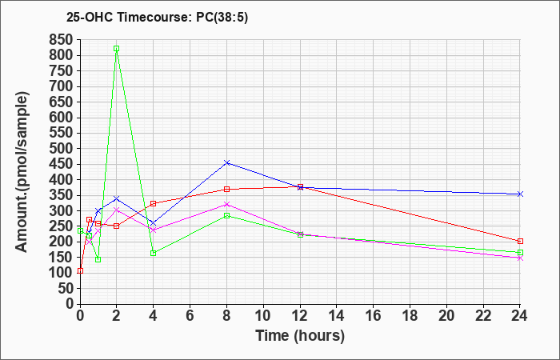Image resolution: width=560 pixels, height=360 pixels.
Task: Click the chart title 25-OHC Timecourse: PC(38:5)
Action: tap(157, 17)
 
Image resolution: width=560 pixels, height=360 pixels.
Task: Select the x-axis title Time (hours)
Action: tap(300, 336)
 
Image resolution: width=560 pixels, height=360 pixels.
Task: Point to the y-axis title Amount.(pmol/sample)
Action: tap(22, 172)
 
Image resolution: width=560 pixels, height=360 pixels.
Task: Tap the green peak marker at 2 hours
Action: tap(117, 49)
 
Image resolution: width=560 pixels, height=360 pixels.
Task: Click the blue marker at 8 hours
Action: tap(226, 163)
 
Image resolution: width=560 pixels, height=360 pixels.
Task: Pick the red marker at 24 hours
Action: tap(520, 241)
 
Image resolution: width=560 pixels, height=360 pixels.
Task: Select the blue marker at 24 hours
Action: tap(520, 194)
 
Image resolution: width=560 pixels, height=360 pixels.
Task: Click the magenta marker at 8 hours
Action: tap(226, 205)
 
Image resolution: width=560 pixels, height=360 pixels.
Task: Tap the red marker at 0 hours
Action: tap(80, 270)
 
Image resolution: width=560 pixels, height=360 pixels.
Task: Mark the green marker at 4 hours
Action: tap(154, 254)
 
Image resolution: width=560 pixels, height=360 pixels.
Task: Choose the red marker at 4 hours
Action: tap(154, 203)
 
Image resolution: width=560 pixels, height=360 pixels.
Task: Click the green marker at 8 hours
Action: tap(226, 216)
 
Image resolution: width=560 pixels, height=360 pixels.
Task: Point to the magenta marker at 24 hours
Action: tap(520, 258)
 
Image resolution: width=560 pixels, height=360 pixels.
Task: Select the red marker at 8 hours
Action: tap(226, 190)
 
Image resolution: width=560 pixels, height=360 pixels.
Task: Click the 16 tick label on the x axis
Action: tap(374, 316)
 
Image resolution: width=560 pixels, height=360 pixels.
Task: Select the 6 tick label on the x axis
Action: tap(190, 316)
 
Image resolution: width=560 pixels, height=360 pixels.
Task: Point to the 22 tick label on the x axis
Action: tap(483, 316)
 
